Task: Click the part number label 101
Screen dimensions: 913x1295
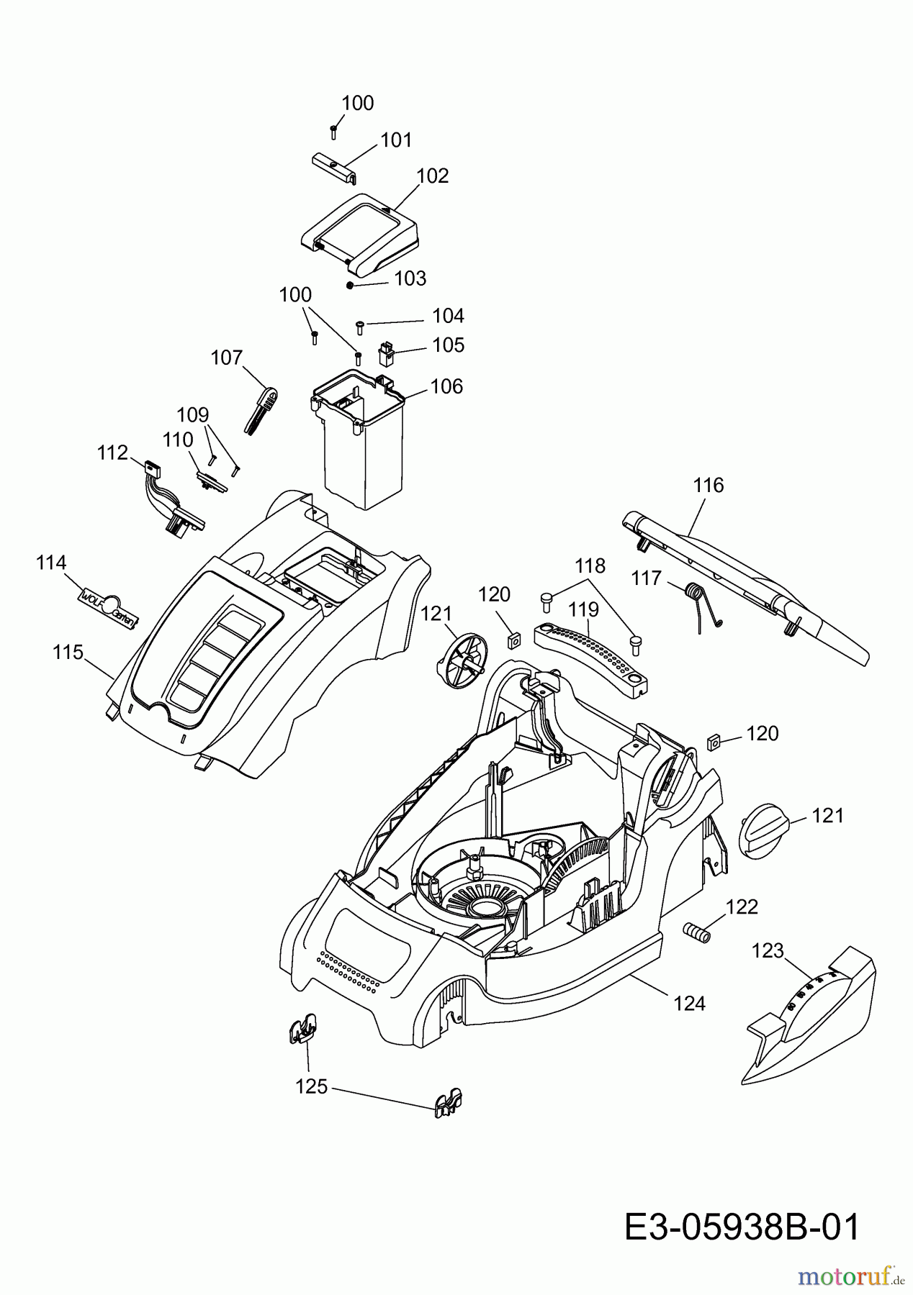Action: point(396,140)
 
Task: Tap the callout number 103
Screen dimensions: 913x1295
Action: point(410,278)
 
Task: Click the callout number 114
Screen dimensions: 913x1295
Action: point(51,563)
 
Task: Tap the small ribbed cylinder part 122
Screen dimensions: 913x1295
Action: point(696,932)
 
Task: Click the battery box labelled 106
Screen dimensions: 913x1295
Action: point(358,440)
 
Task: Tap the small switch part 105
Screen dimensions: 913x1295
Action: point(387,353)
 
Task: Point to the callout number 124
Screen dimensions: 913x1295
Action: point(690,1003)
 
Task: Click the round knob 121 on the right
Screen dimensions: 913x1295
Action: point(765,830)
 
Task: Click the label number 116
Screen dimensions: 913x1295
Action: point(709,486)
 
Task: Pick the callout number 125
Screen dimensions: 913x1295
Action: point(312,1087)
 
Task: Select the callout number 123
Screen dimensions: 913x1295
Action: point(768,951)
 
